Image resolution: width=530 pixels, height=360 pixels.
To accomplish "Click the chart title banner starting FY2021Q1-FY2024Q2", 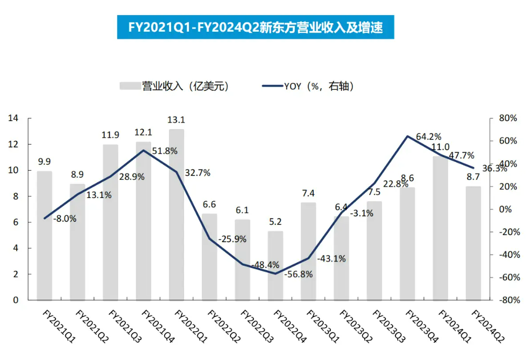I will click(x=256, y=27).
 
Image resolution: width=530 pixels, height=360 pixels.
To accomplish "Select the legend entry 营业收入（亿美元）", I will click(x=175, y=86).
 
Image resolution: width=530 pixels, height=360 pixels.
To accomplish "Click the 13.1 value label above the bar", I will click(x=176, y=119).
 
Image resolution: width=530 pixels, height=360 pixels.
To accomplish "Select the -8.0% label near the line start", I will click(x=65, y=218).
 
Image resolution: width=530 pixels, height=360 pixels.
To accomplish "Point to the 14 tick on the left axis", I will click(x=13, y=118).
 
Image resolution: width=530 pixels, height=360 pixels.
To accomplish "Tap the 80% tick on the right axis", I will click(x=507, y=118).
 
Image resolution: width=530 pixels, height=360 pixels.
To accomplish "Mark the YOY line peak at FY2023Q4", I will click(x=407, y=136).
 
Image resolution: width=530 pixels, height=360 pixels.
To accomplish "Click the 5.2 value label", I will click(x=275, y=221).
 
